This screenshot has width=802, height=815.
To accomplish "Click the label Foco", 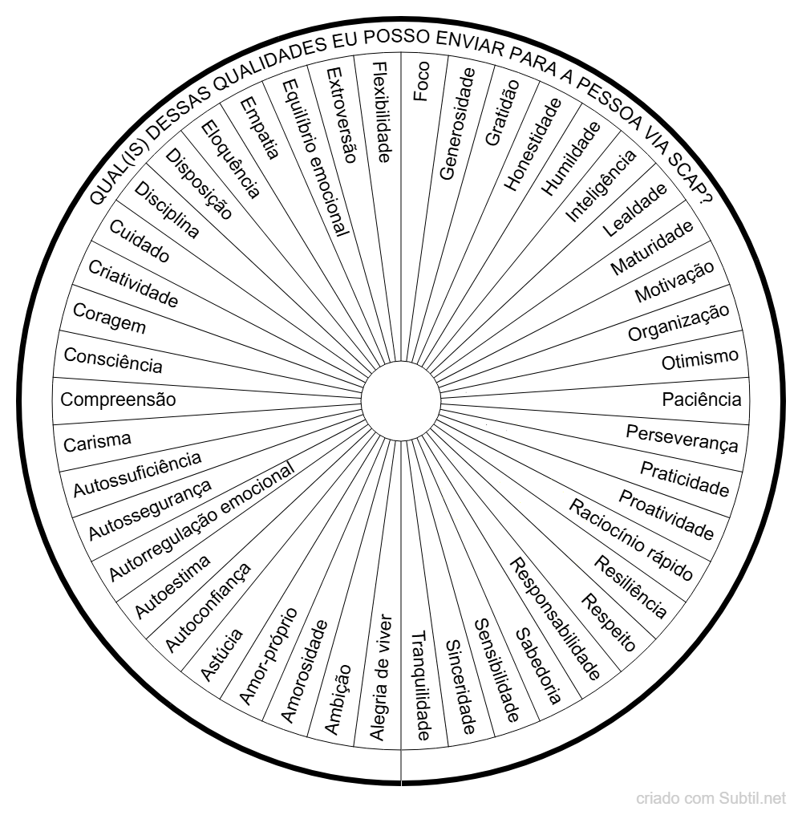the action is point(421,81).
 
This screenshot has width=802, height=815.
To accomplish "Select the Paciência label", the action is point(702,399).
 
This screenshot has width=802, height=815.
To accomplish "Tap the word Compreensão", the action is point(118,399).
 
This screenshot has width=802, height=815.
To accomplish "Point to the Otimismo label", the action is point(699,359).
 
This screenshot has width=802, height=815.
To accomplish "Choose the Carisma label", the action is point(97,443).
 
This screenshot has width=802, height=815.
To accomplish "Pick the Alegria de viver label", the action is point(381,677).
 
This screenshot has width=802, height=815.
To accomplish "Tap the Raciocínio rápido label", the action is point(631,539).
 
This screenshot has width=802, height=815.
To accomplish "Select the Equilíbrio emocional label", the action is point(315,157).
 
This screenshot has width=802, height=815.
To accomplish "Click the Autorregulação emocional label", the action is point(201,521).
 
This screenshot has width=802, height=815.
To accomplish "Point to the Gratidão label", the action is point(502,112).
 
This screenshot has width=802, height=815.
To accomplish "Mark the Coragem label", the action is point(109,318).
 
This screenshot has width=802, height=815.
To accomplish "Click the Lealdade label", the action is point(634,210).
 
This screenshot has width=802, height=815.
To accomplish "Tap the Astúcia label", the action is point(221,655).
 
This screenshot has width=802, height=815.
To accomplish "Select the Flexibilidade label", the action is point(382,112).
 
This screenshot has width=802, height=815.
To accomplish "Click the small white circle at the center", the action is point(401,401).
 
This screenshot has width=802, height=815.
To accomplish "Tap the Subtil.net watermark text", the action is point(752,797).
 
